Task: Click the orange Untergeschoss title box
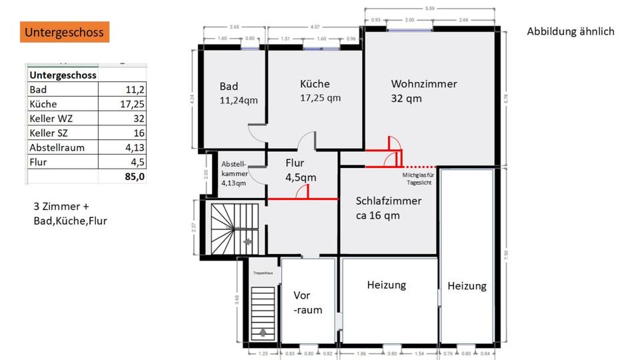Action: [x=64, y=32]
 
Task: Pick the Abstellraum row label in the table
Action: [x=57, y=147]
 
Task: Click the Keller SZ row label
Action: [x=49, y=133]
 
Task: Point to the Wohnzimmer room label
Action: [x=424, y=84]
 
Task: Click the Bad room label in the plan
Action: [x=229, y=86]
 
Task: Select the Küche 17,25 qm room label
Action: [x=320, y=91]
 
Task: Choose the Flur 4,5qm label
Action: [x=300, y=170]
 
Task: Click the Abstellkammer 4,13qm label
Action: [x=234, y=173]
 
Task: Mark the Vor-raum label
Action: [x=307, y=302]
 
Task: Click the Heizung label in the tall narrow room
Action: [x=467, y=286]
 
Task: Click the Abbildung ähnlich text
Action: [x=570, y=31]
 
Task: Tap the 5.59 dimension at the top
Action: [x=430, y=8]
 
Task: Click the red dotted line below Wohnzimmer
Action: [x=419, y=166]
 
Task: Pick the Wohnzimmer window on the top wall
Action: [x=409, y=29]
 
